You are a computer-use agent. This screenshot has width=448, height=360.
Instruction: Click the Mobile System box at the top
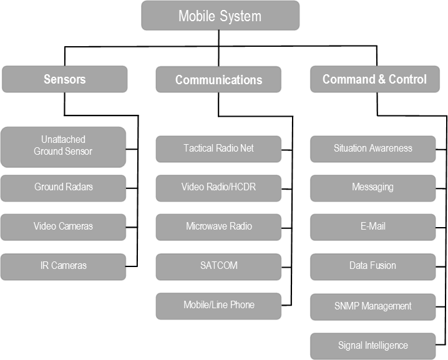(x=220, y=16)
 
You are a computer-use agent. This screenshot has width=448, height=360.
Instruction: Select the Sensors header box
(x=64, y=79)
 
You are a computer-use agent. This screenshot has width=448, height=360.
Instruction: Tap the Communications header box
(x=218, y=80)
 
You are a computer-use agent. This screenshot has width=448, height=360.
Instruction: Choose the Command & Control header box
(x=374, y=79)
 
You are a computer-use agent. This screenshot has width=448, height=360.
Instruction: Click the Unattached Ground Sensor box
(x=63, y=146)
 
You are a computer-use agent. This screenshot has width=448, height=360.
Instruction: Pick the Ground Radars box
(x=63, y=187)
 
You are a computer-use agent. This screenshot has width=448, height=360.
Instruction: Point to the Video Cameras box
(x=63, y=226)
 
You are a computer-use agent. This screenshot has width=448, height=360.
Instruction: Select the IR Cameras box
(x=63, y=266)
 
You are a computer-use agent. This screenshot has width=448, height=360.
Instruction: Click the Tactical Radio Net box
(x=218, y=148)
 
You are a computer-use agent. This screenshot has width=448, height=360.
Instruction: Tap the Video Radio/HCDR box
(x=218, y=187)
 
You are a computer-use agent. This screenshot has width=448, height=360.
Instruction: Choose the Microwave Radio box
(x=218, y=226)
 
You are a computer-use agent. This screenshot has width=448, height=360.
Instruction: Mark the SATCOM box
(x=218, y=266)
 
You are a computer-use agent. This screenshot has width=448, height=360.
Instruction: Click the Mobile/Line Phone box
(x=218, y=305)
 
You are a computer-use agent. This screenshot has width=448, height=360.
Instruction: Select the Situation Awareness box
(x=373, y=148)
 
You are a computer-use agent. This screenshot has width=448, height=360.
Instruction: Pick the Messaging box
(x=373, y=187)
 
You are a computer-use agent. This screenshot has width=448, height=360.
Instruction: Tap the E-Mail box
(x=373, y=226)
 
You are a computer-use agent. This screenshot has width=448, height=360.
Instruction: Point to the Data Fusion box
(x=373, y=266)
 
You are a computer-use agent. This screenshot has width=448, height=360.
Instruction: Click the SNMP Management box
(x=373, y=306)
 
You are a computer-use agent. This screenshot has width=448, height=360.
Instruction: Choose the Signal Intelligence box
(x=373, y=346)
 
